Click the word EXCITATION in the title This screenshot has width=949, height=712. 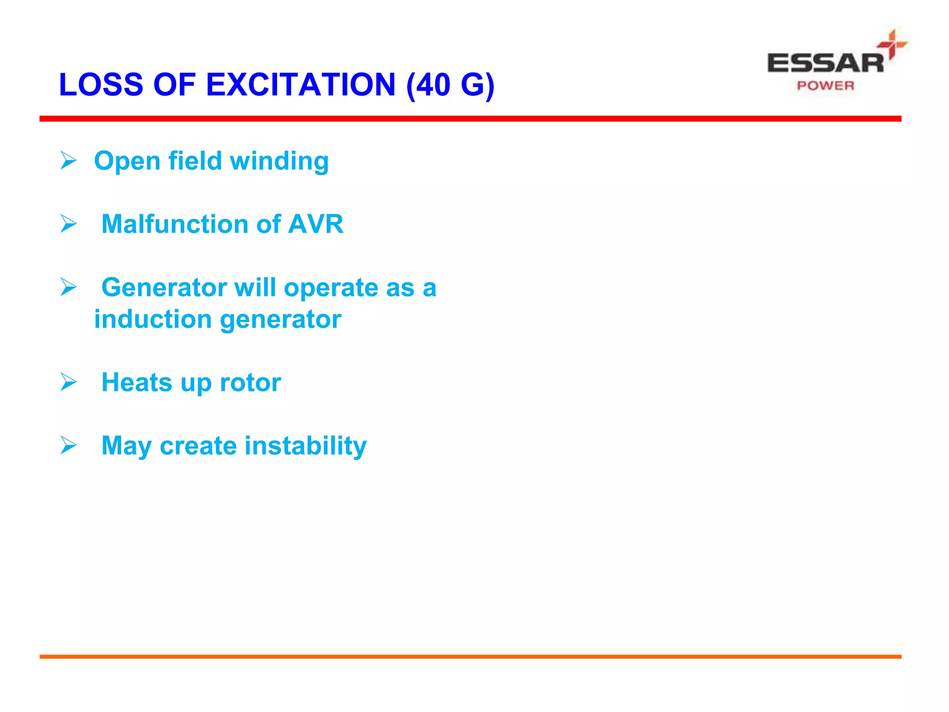tap(300, 85)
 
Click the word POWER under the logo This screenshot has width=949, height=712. tap(825, 86)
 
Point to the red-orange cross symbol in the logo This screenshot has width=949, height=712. tap(892, 44)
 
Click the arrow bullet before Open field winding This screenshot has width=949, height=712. tap(69, 160)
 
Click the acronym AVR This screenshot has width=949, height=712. tap(316, 224)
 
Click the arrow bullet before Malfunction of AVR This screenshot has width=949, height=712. tap(69, 224)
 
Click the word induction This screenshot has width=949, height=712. tap(153, 319)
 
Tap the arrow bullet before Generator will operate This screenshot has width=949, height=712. tap(69, 287)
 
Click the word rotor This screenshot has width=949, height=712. tap(250, 383)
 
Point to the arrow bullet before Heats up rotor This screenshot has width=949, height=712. tap(69, 382)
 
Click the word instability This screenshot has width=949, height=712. tap(305, 446)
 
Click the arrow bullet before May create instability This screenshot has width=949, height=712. tap(69, 445)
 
